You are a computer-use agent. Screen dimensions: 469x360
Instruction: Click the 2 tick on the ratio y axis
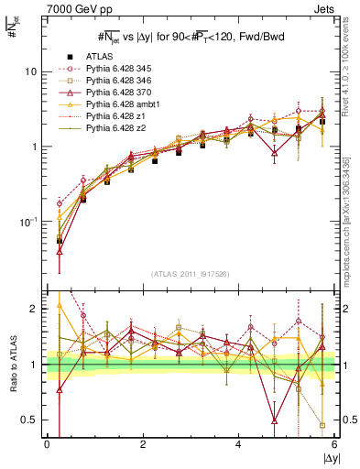pyautogui.click(x=33, y=309)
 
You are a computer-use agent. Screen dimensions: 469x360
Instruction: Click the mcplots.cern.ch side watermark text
pyautogui.click(x=350, y=211)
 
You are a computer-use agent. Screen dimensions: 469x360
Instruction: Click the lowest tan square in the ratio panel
pyautogui.click(x=322, y=425)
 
